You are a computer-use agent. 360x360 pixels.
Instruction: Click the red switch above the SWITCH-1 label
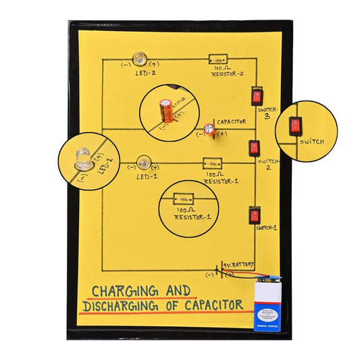[x=254, y=215]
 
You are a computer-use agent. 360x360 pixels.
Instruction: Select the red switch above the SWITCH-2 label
[x=254, y=147]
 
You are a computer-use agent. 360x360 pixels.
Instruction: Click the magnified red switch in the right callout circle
[x=295, y=126]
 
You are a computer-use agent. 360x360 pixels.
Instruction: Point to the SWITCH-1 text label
[x=267, y=228]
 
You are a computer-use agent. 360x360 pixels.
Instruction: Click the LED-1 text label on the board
[x=147, y=176]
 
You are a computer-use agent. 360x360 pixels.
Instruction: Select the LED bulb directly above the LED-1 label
[x=143, y=162]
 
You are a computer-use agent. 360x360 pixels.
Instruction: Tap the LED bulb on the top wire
[x=140, y=59]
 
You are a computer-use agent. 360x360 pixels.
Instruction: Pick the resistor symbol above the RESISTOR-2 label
[x=217, y=59]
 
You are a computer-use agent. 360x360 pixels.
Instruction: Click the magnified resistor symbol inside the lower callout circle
[x=182, y=199]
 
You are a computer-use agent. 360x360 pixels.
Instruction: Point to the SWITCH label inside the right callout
[x=312, y=142]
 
